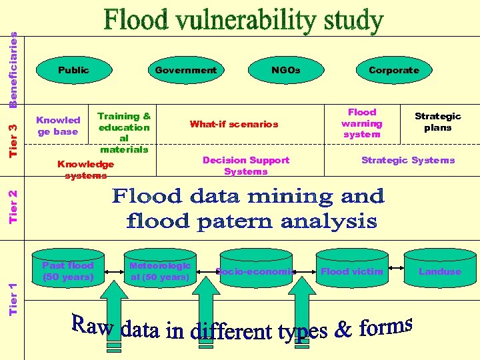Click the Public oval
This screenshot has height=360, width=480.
(73, 70)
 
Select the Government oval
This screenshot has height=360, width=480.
(185, 70)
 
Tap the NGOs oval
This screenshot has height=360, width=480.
(285, 70)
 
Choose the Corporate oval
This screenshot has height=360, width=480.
(394, 70)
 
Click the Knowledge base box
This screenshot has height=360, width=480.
(58, 126)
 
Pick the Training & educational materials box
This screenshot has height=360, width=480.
(124, 133)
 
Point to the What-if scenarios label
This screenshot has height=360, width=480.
(234, 124)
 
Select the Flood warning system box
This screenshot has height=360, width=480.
(362, 123)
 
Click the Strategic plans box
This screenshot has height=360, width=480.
(438, 122)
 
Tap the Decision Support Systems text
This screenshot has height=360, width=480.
(246, 165)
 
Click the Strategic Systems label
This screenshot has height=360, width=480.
(408, 160)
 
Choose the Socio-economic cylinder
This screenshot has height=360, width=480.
(255, 271)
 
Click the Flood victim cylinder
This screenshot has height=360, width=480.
(352, 271)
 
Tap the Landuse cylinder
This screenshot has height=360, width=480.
(440, 271)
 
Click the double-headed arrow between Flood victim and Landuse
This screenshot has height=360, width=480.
(396, 269)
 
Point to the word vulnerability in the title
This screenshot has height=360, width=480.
(243, 21)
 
